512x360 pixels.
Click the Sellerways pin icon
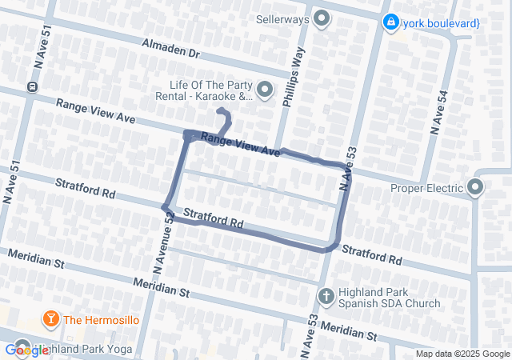(322, 18)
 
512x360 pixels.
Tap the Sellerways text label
(283, 18)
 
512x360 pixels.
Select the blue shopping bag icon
(390, 23)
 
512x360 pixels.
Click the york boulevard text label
(442, 23)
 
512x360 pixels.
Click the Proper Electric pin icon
(476, 189)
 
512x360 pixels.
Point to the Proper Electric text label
(427, 189)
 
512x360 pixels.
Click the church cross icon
(326, 298)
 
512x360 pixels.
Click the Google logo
(26, 350)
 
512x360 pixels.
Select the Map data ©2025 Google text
(462, 354)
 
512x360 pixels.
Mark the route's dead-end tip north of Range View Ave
(220, 111)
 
